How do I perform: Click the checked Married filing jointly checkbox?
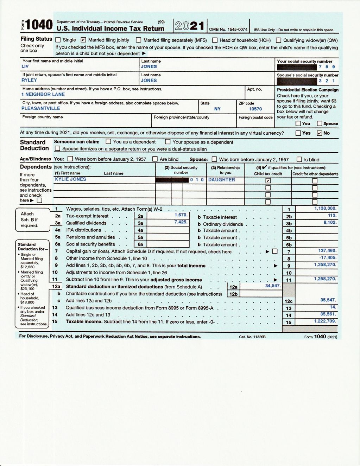click(x=83, y=40)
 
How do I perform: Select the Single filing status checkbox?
click(x=58, y=40)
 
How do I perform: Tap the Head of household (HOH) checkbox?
click(x=215, y=40)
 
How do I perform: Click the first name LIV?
click(x=25, y=66)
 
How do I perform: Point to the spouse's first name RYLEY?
click(x=29, y=80)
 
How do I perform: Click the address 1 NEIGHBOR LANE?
click(x=43, y=94)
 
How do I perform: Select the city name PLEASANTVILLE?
click(x=40, y=108)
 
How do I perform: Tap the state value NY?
click(x=217, y=109)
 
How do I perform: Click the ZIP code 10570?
click(x=255, y=109)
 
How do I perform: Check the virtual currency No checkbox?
click(x=320, y=133)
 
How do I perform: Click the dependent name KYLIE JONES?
click(x=70, y=179)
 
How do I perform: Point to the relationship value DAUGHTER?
click(x=221, y=180)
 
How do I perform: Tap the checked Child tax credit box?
click(x=268, y=181)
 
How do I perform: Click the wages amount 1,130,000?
click(x=325, y=208)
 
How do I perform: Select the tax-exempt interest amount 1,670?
click(x=181, y=215)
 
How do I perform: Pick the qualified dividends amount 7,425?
click(x=181, y=222)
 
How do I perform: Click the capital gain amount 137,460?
click(x=327, y=250)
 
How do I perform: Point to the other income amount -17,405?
click(x=328, y=257)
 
